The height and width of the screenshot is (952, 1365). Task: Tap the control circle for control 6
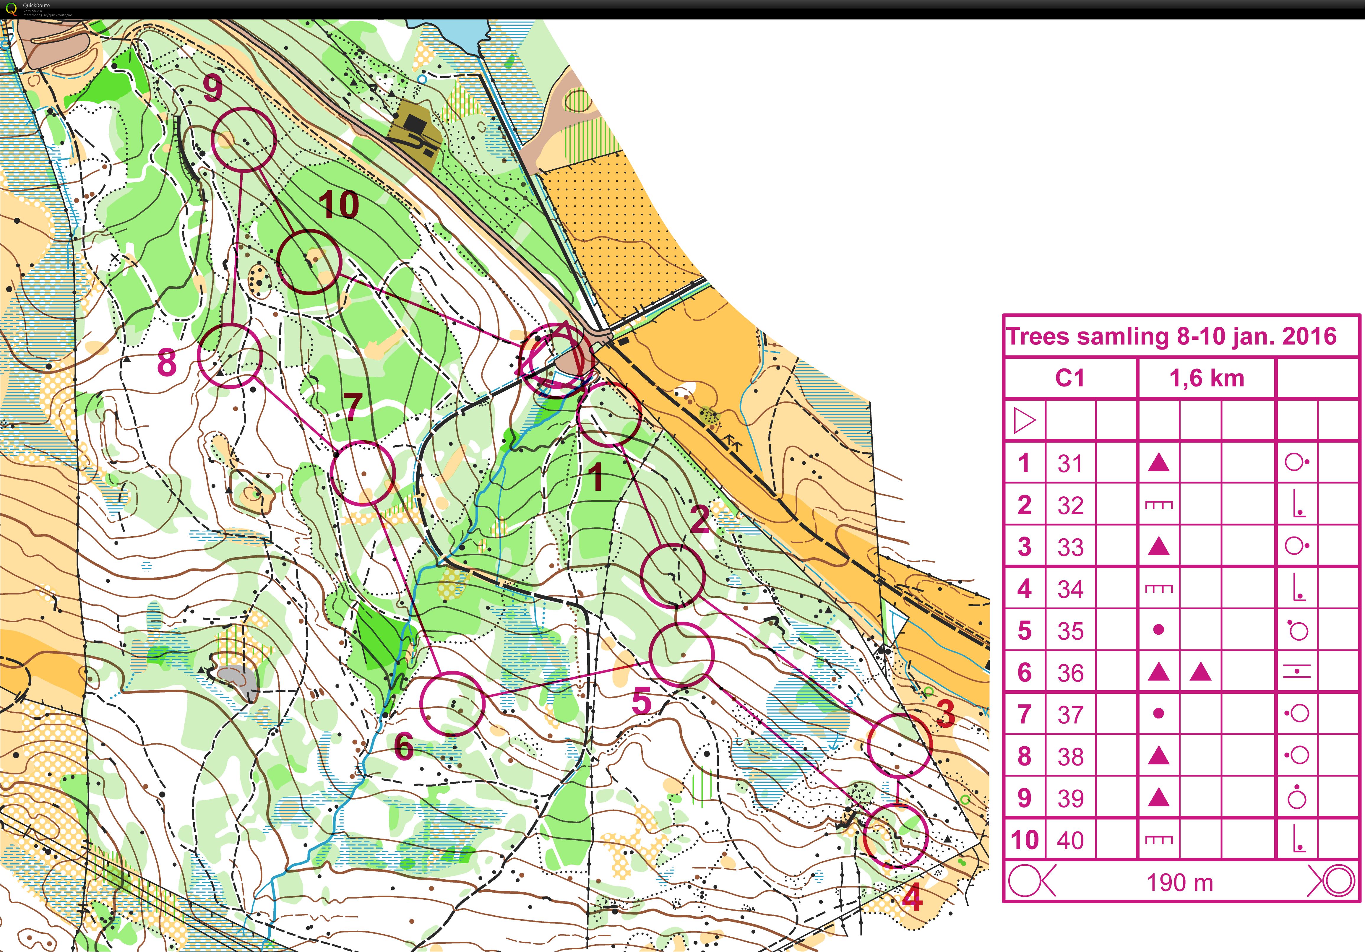click(452, 704)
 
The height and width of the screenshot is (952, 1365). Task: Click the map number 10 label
click(339, 205)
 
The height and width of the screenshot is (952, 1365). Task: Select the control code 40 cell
click(1070, 840)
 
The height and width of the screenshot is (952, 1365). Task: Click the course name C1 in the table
click(1069, 378)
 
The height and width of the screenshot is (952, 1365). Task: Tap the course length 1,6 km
click(1206, 378)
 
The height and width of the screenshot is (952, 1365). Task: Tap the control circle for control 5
click(681, 654)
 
